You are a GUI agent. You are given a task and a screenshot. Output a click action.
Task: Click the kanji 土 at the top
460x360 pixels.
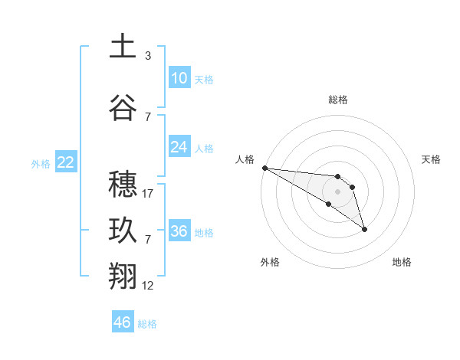tap(123, 47)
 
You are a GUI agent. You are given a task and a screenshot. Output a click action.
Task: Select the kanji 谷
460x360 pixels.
tap(123, 108)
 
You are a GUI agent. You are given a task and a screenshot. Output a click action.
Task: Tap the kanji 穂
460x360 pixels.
tap(123, 184)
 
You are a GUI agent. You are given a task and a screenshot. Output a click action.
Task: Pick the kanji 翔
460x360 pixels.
tap(123, 277)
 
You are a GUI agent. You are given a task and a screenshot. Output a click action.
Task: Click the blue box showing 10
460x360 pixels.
tap(179, 78)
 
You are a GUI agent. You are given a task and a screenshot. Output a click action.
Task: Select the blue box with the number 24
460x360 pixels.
tap(179, 147)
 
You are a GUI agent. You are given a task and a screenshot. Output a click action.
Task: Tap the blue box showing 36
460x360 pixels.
tap(179, 231)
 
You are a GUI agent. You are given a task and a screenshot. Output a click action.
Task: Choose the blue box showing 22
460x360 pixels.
tap(65, 162)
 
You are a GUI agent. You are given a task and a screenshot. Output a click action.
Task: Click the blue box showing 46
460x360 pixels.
tap(122, 322)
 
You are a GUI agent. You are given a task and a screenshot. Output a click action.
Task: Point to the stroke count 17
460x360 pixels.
tap(148, 194)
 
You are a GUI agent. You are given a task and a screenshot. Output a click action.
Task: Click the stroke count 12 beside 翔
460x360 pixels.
tap(148, 286)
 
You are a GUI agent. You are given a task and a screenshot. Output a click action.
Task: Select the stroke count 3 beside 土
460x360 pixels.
tap(147, 56)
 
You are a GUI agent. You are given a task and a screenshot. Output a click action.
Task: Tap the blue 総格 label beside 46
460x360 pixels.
tap(148, 324)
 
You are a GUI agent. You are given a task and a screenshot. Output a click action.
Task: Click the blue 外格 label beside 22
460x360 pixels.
tap(41, 163)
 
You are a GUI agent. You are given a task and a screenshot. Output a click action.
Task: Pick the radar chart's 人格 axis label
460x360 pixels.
tap(245, 159)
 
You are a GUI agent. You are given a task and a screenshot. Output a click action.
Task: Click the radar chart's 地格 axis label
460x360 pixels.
tap(402, 262)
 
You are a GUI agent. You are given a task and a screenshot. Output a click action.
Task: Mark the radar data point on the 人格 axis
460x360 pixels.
tap(264, 168)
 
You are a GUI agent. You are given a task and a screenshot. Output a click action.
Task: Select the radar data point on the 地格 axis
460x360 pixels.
tap(364, 229)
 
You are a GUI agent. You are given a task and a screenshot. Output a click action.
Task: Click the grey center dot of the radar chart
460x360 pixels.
tap(337, 191)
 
